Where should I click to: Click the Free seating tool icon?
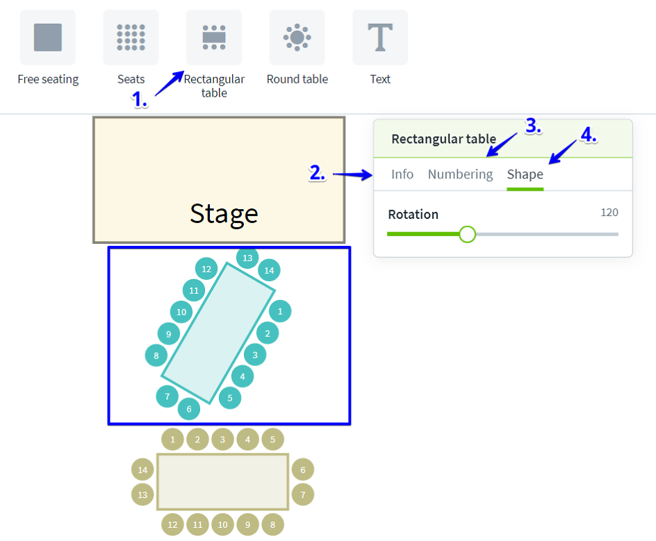coord(48,38)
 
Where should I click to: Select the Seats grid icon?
coord(131,38)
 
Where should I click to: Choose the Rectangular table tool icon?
coord(214,38)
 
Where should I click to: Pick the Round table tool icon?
coord(297,38)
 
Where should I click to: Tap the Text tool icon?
coord(380,38)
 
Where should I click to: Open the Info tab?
coord(402,174)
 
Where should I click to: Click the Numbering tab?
coord(460,174)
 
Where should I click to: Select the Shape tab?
coord(525,174)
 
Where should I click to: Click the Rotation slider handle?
coord(468,234)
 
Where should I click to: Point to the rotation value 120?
coord(609,213)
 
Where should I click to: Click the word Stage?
coord(224,214)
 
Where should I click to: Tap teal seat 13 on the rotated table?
coord(247,258)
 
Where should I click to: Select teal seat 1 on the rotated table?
coord(280,312)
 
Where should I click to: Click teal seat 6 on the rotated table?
coord(189,409)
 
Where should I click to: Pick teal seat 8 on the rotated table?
coord(156,356)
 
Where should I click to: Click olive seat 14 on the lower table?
coord(142,470)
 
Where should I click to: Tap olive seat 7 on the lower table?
coord(303,495)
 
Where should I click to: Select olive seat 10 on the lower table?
coord(222,524)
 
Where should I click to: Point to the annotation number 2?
coord(317,174)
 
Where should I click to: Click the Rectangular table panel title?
coord(443,139)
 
